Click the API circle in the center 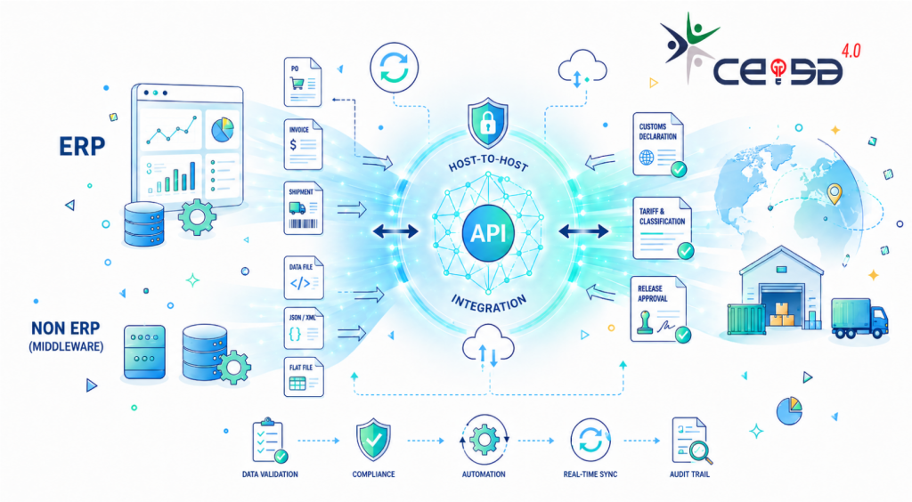(488, 233)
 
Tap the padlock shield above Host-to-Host (488, 123)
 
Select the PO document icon (303, 82)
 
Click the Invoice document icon (303, 144)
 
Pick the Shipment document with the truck (303, 208)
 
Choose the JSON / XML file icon (303, 328)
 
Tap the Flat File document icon (303, 377)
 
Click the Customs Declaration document (659, 144)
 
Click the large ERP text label (82, 146)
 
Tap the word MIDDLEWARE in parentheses (66, 347)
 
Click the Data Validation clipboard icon (269, 441)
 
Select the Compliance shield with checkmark (373, 440)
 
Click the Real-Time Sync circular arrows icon (590, 440)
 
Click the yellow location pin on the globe (835, 194)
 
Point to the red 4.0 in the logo (851, 51)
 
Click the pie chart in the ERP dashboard (222, 130)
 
